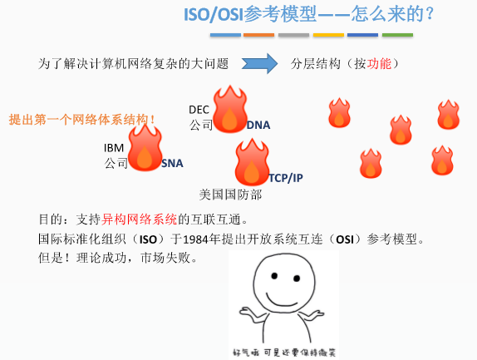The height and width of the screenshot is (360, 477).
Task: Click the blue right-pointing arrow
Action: pos(259,63)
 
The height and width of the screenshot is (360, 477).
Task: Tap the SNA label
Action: pos(172,164)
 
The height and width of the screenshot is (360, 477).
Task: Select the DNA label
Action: pos(258,125)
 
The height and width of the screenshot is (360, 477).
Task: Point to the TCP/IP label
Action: pos(286,178)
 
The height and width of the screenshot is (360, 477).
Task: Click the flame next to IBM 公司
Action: pos(145,148)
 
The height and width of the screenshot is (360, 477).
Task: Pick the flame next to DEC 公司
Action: pos(230,109)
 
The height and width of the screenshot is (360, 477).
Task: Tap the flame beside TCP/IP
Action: pos(252,162)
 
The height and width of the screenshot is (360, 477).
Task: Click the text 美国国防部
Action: pos(230,195)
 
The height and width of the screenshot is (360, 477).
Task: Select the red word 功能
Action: pos(379,64)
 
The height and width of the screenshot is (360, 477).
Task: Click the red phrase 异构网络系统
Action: pos(139,219)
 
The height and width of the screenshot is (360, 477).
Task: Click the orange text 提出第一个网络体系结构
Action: pos(81,119)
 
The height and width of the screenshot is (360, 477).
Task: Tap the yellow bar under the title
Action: pos(328,35)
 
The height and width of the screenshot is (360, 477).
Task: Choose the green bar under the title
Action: pos(397,35)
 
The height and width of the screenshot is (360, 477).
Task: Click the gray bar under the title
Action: pos(294,35)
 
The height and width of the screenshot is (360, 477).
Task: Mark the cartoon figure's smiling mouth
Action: pos(282,301)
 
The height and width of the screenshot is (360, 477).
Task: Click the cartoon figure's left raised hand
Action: pos(248,313)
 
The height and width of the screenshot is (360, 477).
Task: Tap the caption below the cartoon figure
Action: pos(284,353)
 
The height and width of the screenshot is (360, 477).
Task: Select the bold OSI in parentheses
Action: pos(345,239)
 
